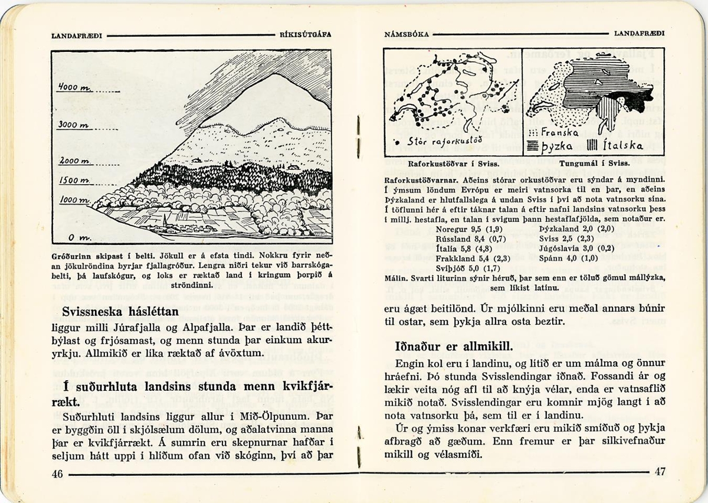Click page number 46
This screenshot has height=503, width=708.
(57, 473)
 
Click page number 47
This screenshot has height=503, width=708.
(660, 472)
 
